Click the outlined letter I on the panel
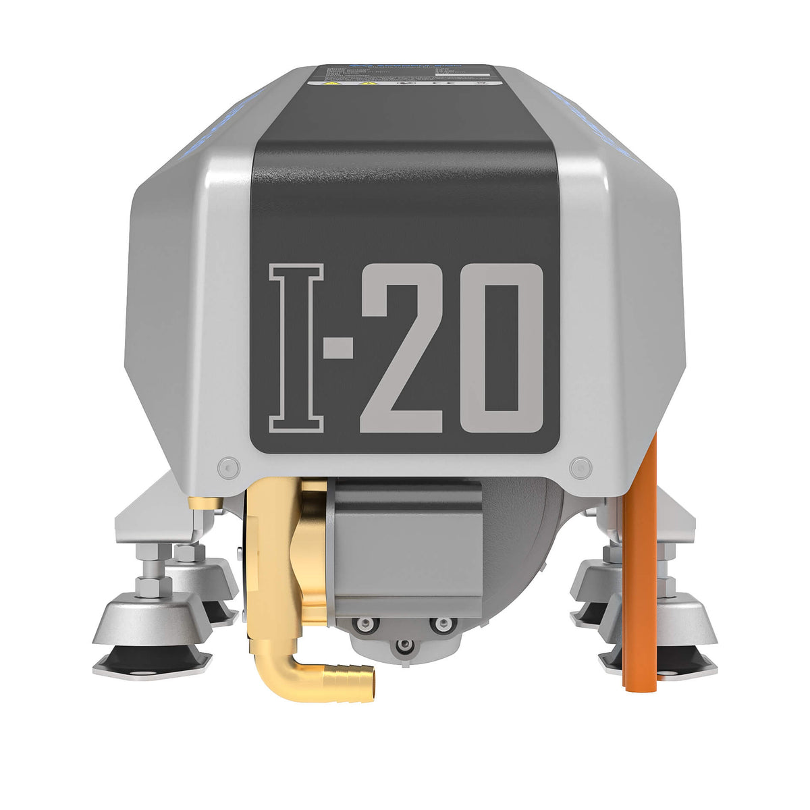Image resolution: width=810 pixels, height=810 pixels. (x=297, y=348)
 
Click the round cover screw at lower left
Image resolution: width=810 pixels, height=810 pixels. (x=229, y=466)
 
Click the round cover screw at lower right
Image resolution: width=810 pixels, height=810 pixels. (x=580, y=466)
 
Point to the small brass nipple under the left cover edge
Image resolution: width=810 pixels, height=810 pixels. (x=202, y=502)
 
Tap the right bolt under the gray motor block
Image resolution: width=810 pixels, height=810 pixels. (x=442, y=624)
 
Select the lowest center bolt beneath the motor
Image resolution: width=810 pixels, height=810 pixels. (x=404, y=647)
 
